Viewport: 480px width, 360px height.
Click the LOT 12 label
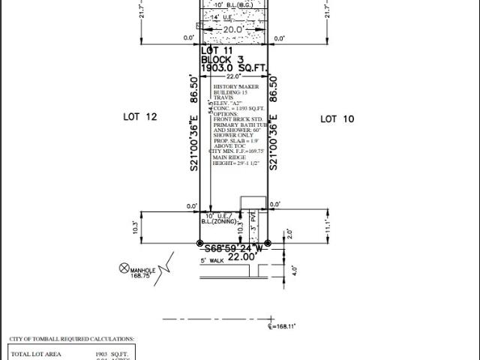pos(139,117)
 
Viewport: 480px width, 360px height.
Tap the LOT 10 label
pos(337,118)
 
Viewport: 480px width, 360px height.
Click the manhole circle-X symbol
pos(124,268)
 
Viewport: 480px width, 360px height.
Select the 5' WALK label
pos(212,261)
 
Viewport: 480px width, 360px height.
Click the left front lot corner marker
pos(199,243)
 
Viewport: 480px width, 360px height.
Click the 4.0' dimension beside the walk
pos(294,270)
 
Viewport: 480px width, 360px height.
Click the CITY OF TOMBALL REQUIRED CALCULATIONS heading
pos(72,339)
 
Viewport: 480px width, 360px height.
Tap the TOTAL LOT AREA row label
pos(36,354)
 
